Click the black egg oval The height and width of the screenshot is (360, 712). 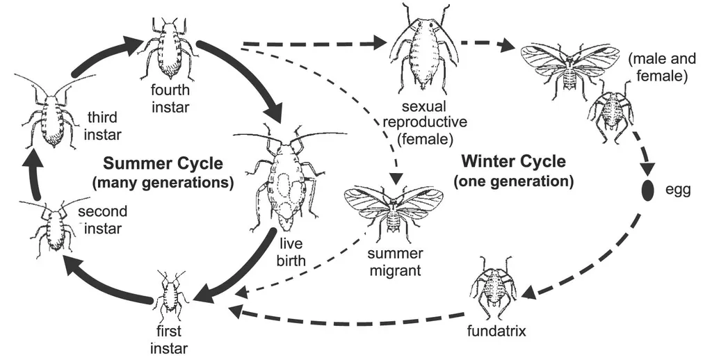pyautogui.click(x=649, y=190)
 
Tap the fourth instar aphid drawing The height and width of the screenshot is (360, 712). pyautogui.click(x=169, y=49)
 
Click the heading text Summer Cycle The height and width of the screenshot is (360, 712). pyautogui.click(x=163, y=164)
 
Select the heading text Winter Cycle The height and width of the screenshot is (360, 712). pyautogui.click(x=513, y=163)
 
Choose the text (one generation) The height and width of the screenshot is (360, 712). pyautogui.click(x=513, y=182)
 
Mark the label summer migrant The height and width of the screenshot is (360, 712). pyautogui.click(x=394, y=261)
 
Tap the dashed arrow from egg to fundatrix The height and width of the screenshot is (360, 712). pyautogui.click(x=598, y=268)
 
